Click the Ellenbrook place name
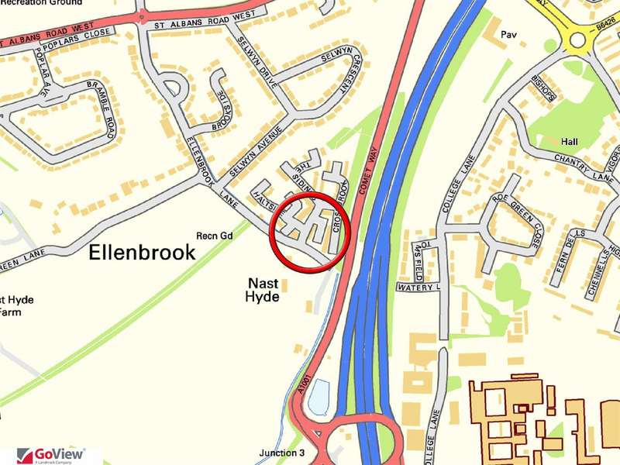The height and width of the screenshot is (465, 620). [142, 252]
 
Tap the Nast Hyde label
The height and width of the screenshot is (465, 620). [262, 289]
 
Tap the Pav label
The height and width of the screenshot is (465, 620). [508, 35]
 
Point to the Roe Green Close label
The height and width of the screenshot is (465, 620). [528, 222]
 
